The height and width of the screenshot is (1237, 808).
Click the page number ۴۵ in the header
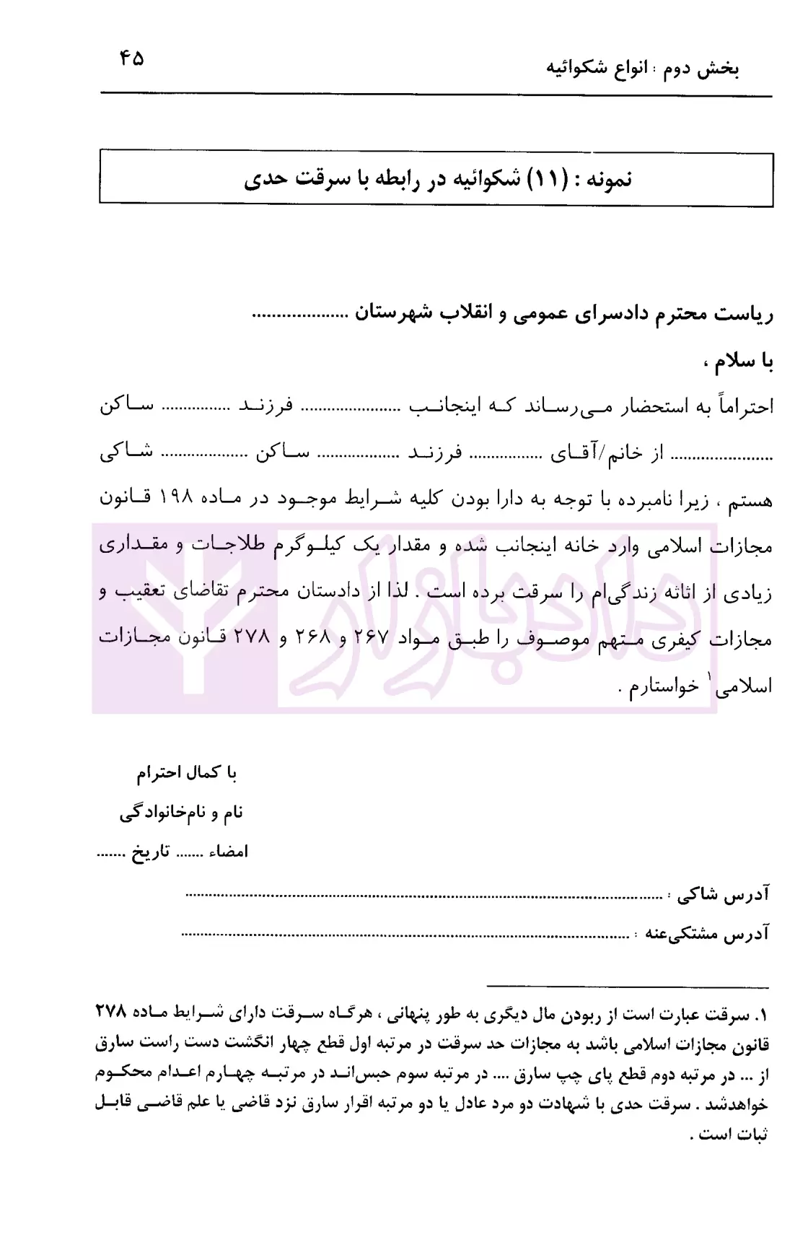[133, 58]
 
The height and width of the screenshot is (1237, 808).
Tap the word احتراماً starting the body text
[743, 407]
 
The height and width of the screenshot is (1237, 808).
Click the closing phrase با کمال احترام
[188, 773]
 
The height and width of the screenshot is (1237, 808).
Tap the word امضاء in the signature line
[229, 852]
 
